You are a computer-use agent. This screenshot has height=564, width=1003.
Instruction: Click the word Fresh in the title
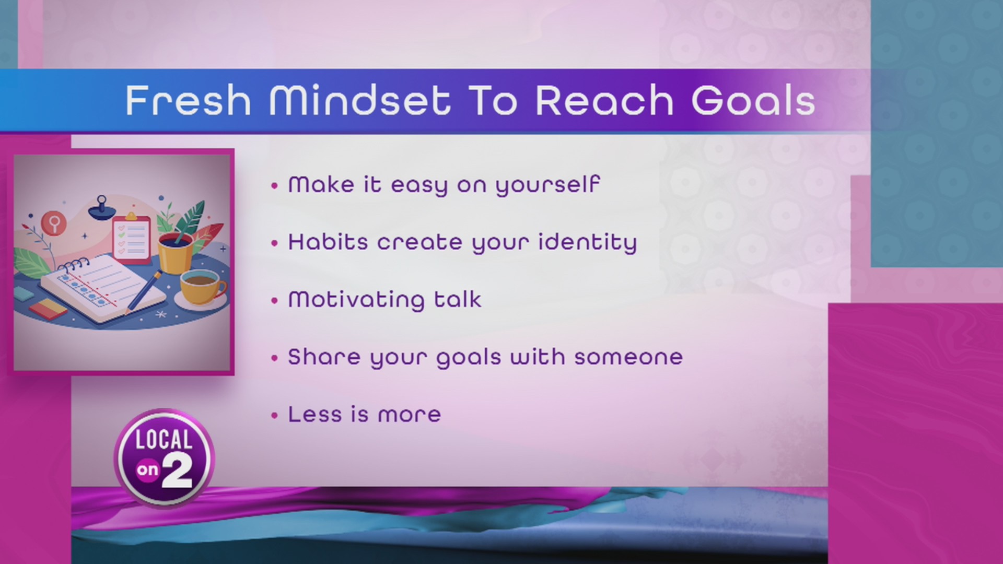[x=188, y=100]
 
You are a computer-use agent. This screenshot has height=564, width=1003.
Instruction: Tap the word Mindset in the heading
[x=359, y=100]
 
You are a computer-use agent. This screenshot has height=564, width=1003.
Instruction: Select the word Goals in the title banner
[x=753, y=100]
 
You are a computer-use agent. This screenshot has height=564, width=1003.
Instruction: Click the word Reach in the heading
[x=604, y=100]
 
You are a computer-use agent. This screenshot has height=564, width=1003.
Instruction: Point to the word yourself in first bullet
[x=547, y=185]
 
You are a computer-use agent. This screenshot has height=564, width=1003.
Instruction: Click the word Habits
[x=328, y=242]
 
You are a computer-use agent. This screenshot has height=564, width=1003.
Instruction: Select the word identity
[x=587, y=243]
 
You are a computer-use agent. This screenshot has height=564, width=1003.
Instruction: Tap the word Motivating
[x=356, y=300]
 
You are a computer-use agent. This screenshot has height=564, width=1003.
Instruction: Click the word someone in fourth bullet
[x=628, y=357]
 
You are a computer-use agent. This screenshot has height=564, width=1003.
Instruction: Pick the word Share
[x=324, y=357]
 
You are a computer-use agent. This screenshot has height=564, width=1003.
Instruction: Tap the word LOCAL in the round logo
[x=164, y=440]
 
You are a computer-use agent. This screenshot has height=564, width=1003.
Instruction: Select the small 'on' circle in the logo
[x=147, y=471]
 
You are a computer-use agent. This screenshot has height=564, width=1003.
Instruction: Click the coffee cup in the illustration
[x=201, y=287]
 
